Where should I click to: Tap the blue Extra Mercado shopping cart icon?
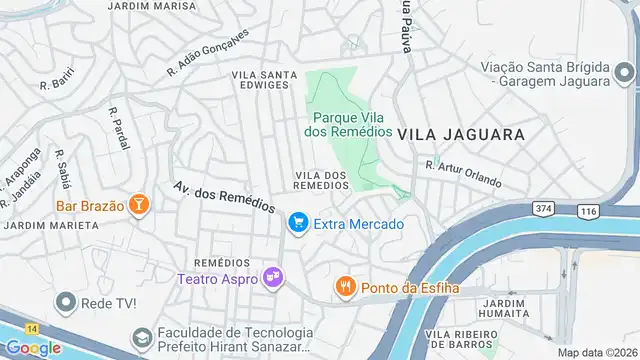297,224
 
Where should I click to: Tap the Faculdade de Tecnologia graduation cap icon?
141,338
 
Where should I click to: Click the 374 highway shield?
543,208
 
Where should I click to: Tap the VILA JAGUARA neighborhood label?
461,133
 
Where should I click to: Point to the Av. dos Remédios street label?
224,196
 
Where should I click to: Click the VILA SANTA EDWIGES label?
264,81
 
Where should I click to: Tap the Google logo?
33,347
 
